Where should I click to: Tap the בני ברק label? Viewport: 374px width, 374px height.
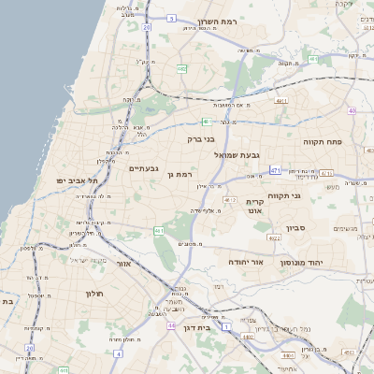coord(202,138)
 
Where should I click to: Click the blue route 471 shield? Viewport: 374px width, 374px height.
coord(275,170)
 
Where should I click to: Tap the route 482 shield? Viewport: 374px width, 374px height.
coord(181,67)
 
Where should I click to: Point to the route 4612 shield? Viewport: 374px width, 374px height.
coord(229,199)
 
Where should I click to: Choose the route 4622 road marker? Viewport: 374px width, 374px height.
coord(274,238)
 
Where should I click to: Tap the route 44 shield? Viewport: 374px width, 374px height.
coord(172,325)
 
